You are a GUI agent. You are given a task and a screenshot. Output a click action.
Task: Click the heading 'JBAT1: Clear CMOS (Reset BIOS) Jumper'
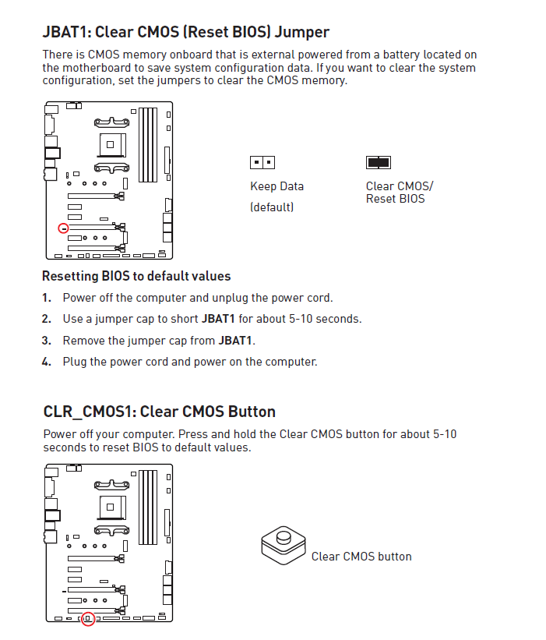(x=185, y=32)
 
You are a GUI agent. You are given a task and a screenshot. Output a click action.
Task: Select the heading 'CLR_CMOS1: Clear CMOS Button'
(x=159, y=412)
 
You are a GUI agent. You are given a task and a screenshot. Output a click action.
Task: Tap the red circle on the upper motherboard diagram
(x=64, y=228)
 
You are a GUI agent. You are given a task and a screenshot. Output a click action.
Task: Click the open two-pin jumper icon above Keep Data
(x=262, y=163)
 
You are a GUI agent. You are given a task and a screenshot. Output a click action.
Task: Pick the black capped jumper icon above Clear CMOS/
(x=378, y=163)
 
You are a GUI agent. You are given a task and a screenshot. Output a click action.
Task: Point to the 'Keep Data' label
(x=277, y=186)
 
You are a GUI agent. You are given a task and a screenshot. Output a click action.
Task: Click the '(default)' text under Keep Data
(x=271, y=207)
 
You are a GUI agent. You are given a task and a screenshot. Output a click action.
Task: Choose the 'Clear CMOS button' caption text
(x=361, y=557)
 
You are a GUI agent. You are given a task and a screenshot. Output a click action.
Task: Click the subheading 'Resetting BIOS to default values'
(x=136, y=276)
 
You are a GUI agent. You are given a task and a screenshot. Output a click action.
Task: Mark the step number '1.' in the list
(x=47, y=298)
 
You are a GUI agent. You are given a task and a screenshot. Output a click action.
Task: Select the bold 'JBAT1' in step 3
(x=235, y=341)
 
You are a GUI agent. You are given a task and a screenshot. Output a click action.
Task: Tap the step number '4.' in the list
(x=47, y=362)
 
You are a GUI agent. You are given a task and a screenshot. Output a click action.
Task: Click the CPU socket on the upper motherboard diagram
(x=111, y=145)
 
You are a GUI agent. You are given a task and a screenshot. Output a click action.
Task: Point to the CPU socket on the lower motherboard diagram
(x=111, y=507)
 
